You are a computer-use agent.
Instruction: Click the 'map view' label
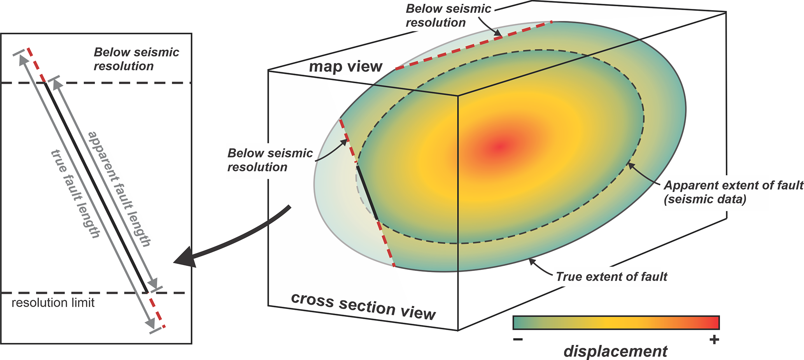345,67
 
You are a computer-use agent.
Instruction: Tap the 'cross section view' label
363,307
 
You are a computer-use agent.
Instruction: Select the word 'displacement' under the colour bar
615,351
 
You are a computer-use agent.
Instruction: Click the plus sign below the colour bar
714,340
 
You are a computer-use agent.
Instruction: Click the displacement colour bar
616,323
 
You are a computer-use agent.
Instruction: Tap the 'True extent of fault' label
611,277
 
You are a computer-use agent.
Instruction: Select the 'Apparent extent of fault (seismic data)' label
733,192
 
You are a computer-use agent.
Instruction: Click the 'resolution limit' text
53,303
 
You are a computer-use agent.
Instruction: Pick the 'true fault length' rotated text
75,194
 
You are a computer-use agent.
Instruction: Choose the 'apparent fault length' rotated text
119,189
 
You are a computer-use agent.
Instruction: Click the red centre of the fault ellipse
501,147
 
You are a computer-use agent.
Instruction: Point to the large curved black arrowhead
186,259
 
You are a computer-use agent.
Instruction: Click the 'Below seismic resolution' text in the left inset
136,59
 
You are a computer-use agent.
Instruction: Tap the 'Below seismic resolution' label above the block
448,16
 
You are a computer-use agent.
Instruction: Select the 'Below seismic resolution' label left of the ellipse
270,160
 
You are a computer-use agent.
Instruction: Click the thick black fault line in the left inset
96,187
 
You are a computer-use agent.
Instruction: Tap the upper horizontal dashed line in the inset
117,83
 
